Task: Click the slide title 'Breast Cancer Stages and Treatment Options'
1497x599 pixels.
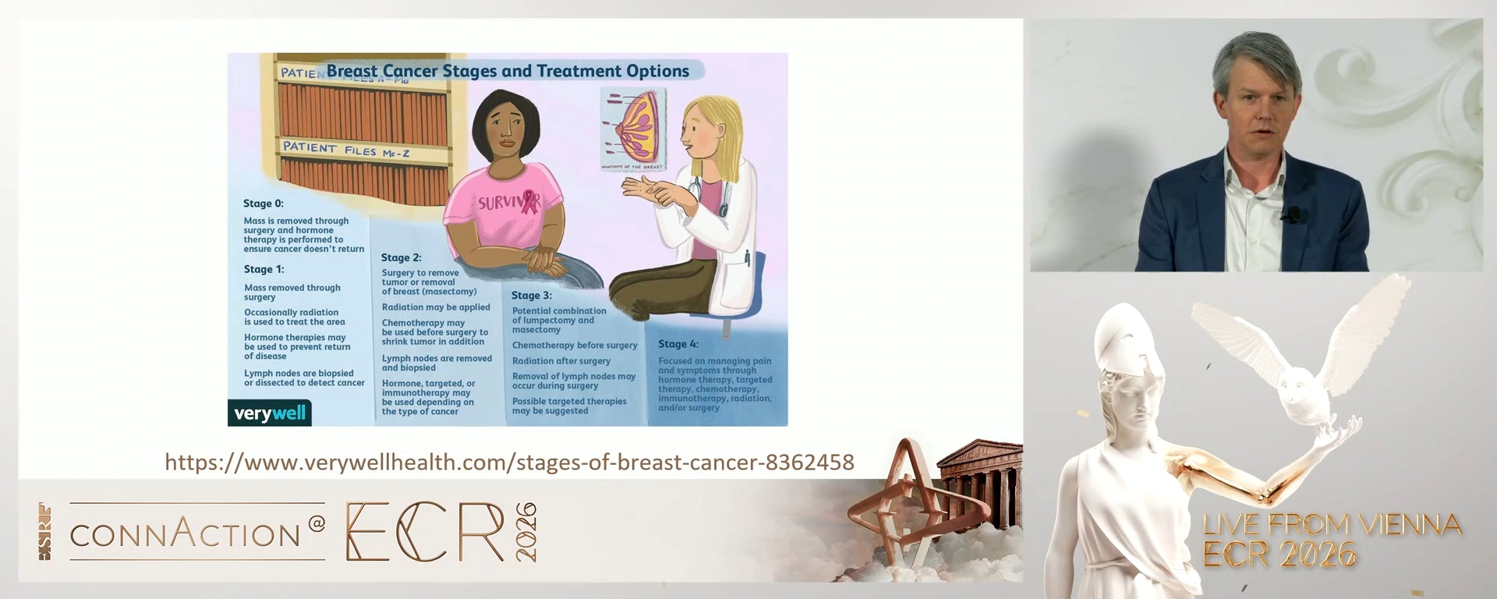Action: [508, 71]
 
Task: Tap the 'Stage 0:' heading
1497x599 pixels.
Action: [264, 204]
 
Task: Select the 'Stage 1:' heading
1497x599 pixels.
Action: [264, 269]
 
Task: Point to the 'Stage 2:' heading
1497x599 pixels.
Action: [401, 257]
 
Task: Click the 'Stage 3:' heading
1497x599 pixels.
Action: [532, 296]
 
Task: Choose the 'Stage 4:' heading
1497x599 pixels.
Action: [678, 344]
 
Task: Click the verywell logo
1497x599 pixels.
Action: [270, 413]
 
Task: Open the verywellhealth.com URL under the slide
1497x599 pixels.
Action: [509, 463]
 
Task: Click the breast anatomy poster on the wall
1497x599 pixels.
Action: [632, 128]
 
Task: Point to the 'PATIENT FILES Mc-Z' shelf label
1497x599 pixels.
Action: [345, 149]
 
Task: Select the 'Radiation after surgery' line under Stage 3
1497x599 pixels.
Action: [561, 361]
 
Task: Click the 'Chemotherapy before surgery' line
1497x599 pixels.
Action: [575, 346]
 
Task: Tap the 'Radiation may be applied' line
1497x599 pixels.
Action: [436, 307]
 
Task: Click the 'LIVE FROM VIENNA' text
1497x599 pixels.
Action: [1332, 524]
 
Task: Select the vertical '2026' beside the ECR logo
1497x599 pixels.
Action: [526, 532]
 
